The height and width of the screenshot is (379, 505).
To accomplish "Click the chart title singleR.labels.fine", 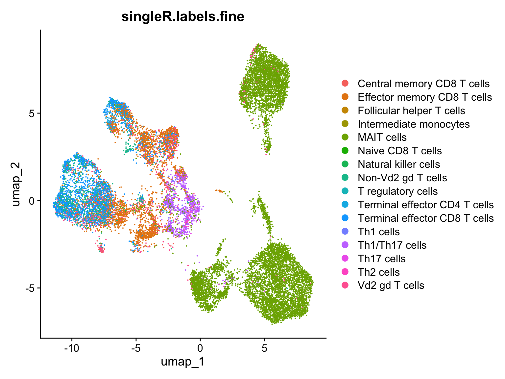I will pyautogui.click(x=183, y=16).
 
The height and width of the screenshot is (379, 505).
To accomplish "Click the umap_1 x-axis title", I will pyautogui.click(x=183, y=362).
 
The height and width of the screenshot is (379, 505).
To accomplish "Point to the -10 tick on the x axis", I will pyautogui.click(x=72, y=348).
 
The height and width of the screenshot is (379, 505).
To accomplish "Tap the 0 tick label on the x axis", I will pyautogui.click(x=200, y=348).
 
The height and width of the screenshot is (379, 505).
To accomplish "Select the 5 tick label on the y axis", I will pyautogui.click(x=31, y=113).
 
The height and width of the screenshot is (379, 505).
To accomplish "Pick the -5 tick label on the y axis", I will pyautogui.click(x=29, y=288).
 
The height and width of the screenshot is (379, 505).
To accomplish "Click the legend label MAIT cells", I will pyautogui.click(x=382, y=138).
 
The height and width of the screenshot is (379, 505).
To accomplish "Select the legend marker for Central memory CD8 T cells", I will pyautogui.click(x=345, y=84).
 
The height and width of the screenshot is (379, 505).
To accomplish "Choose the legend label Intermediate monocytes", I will pyautogui.click(x=414, y=124).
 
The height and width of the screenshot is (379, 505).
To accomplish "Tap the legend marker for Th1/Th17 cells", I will pyautogui.click(x=345, y=245).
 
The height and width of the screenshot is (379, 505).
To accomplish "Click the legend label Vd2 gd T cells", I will pyautogui.click(x=391, y=286).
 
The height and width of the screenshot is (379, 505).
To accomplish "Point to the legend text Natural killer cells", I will pyautogui.click(x=399, y=164).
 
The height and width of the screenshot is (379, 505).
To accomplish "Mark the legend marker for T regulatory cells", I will pyautogui.click(x=345, y=191).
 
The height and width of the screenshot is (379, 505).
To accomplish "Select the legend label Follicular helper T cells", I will pyautogui.click(x=411, y=111).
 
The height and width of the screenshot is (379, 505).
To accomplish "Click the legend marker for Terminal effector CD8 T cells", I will pyautogui.click(x=345, y=218).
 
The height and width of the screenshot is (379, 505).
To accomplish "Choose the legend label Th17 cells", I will pyautogui.click(x=381, y=259).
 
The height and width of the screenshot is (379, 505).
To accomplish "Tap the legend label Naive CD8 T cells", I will pyautogui.click(x=399, y=151).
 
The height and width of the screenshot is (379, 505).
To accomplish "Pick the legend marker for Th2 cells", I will pyautogui.click(x=345, y=272).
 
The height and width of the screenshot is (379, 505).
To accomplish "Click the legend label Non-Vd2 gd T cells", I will pyautogui.click(x=402, y=178).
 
